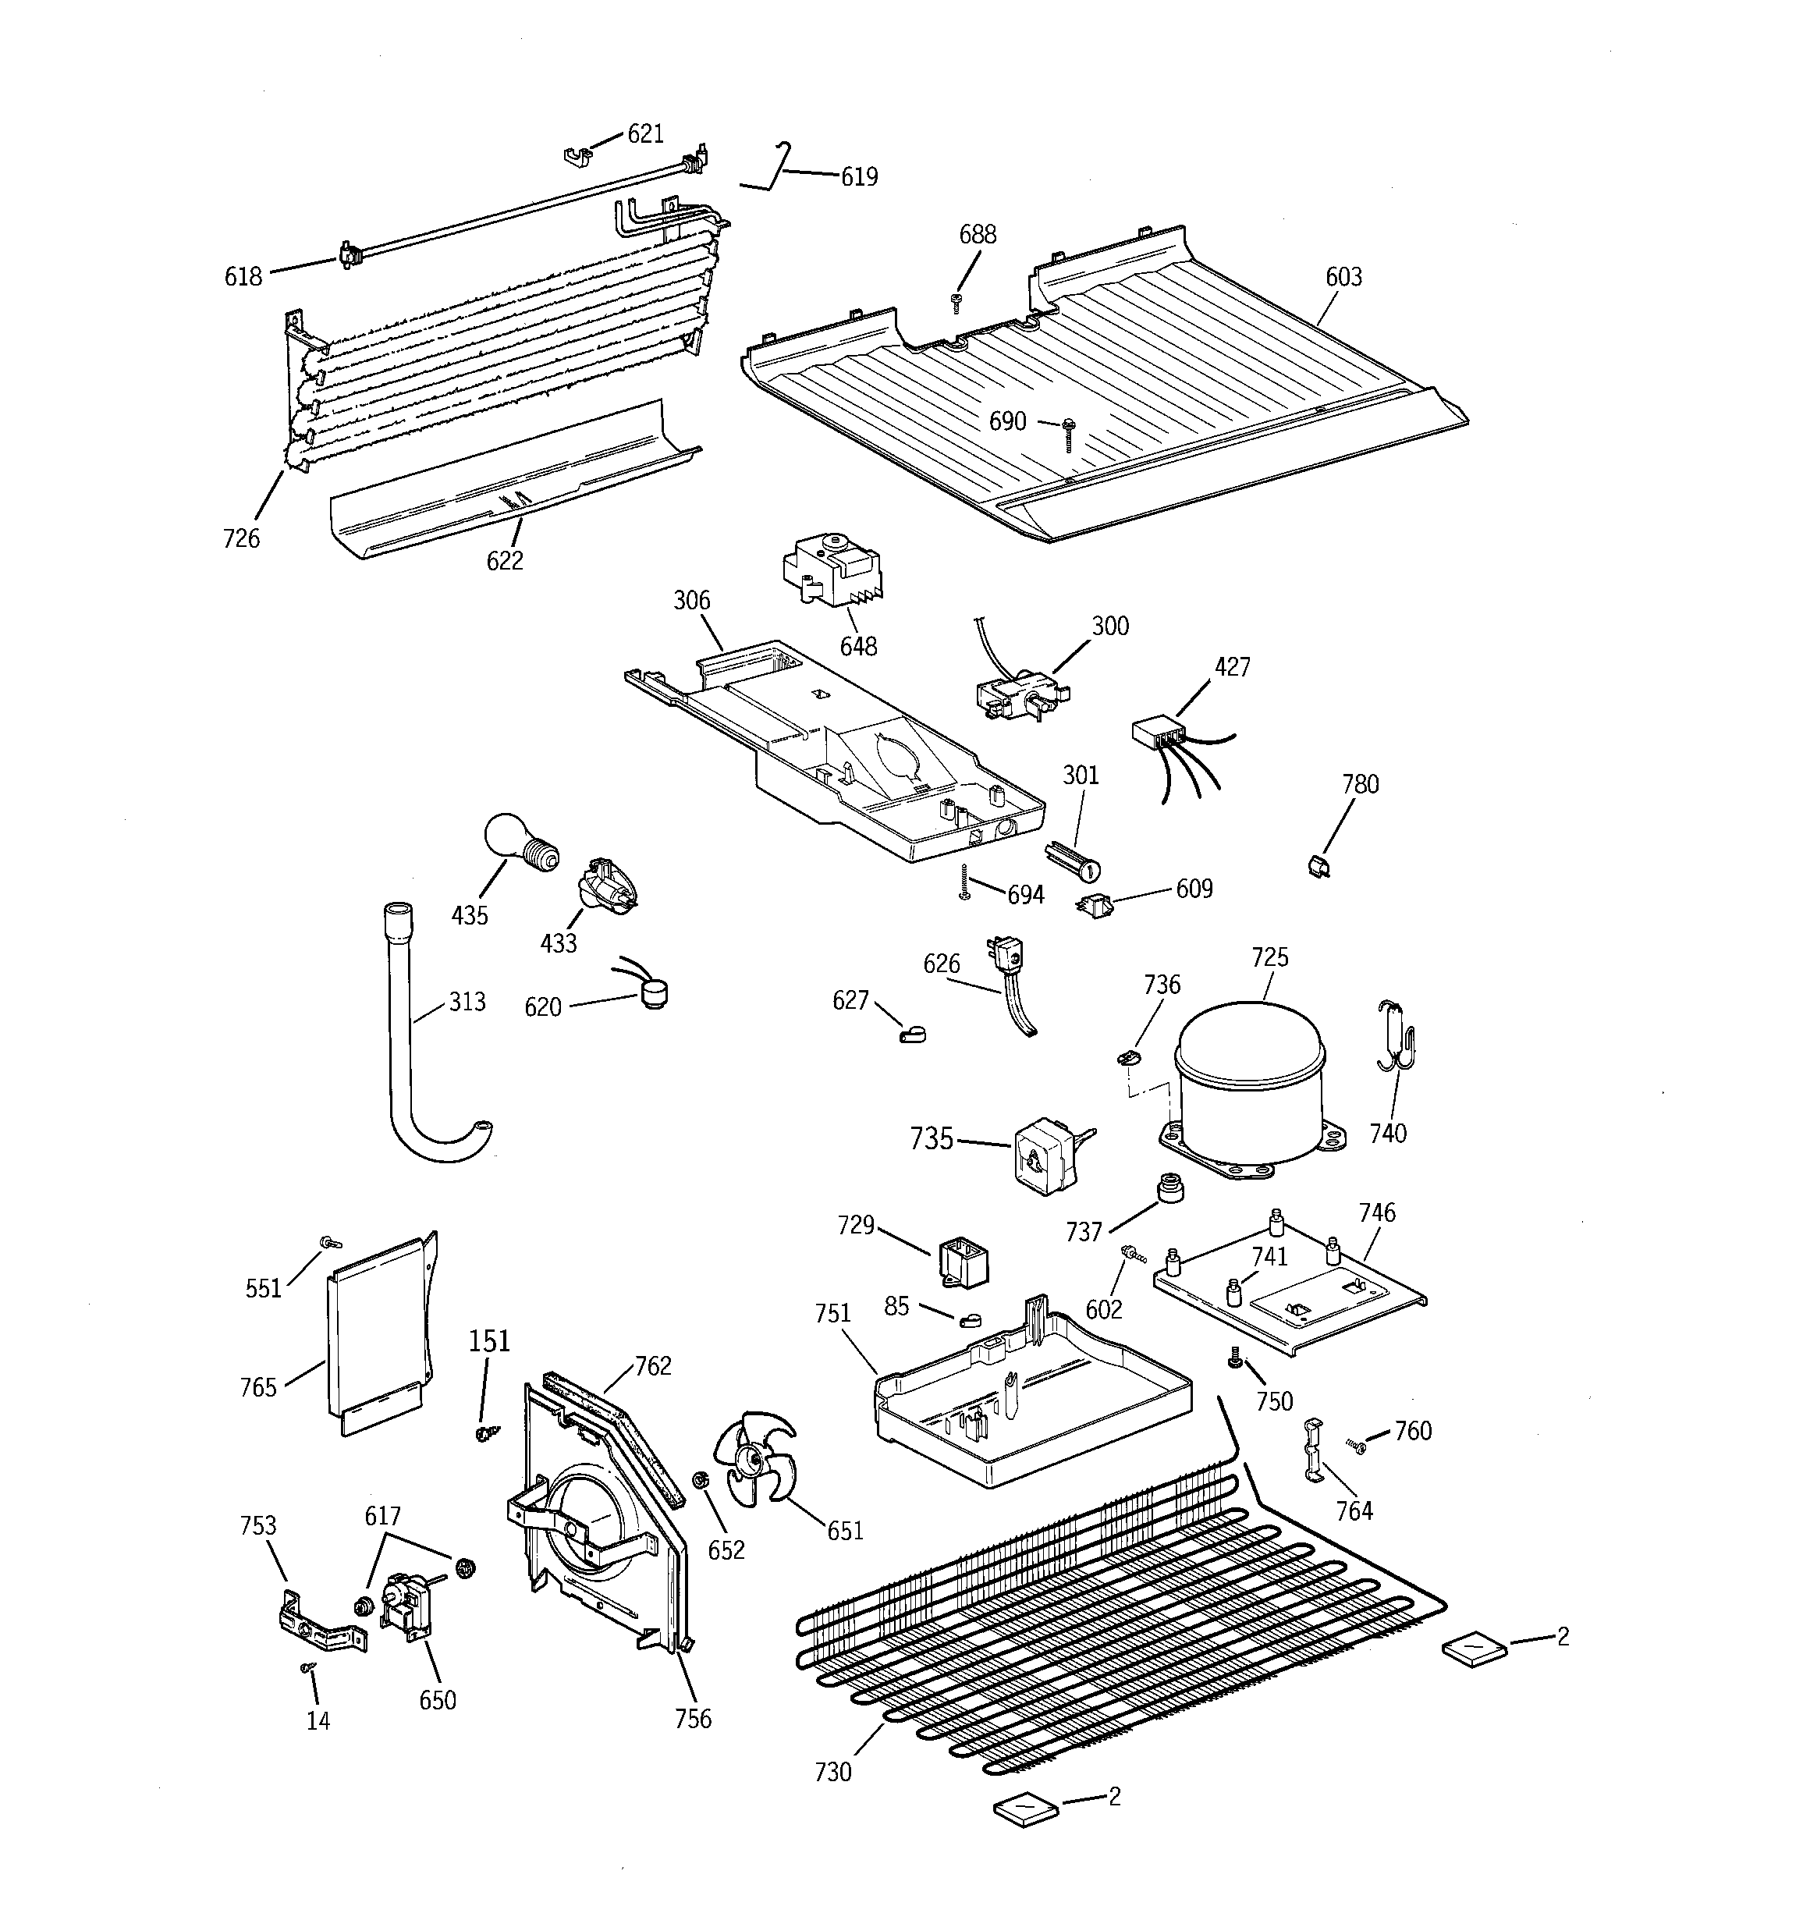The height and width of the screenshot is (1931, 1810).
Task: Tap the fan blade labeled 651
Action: tap(753, 1457)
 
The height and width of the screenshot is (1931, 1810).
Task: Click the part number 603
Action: tap(1343, 278)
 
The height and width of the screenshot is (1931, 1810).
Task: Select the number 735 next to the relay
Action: tap(931, 1138)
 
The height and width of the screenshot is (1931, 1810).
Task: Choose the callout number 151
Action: tap(488, 1341)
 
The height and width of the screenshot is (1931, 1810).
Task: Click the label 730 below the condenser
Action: tap(832, 1772)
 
